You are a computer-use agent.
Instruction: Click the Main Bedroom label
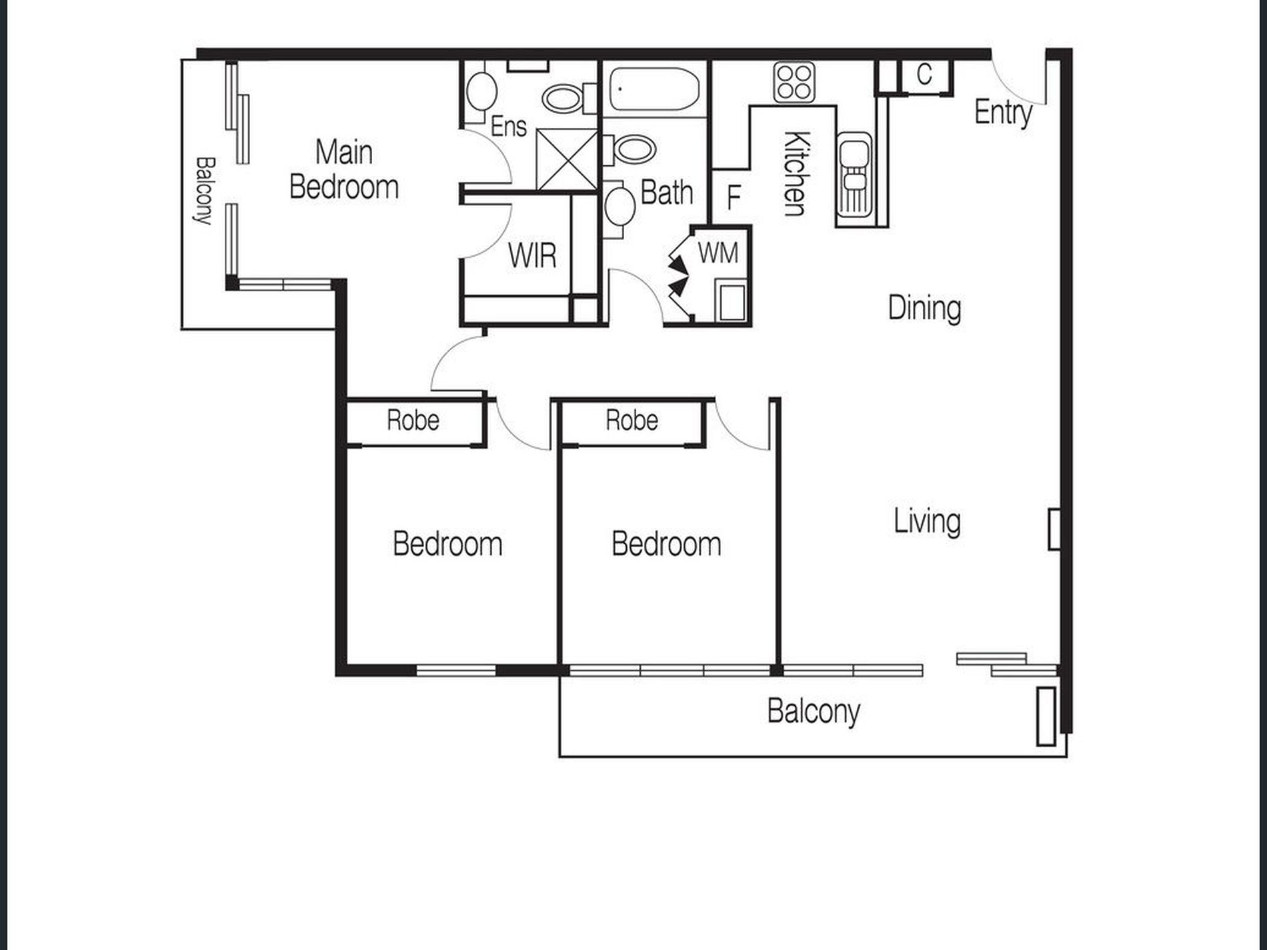pos(344,169)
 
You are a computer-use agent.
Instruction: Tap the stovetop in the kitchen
pos(794,82)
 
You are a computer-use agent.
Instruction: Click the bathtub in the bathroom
pos(654,89)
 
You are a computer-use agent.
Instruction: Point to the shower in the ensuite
pos(567,159)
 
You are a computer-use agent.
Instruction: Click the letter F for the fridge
pos(734,197)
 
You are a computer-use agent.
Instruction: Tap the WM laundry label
pos(718,253)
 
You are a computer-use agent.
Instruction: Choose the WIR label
pos(531,255)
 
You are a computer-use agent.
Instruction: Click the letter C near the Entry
pos(924,75)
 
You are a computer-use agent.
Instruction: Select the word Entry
pos(1003,112)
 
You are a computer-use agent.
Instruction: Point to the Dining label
pos(924,309)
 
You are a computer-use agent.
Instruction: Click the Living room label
pos(927,521)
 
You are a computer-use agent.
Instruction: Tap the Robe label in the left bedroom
pos(413,420)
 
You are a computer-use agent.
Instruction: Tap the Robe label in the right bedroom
pos(631,420)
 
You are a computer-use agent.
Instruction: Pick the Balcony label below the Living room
pos(813,712)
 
